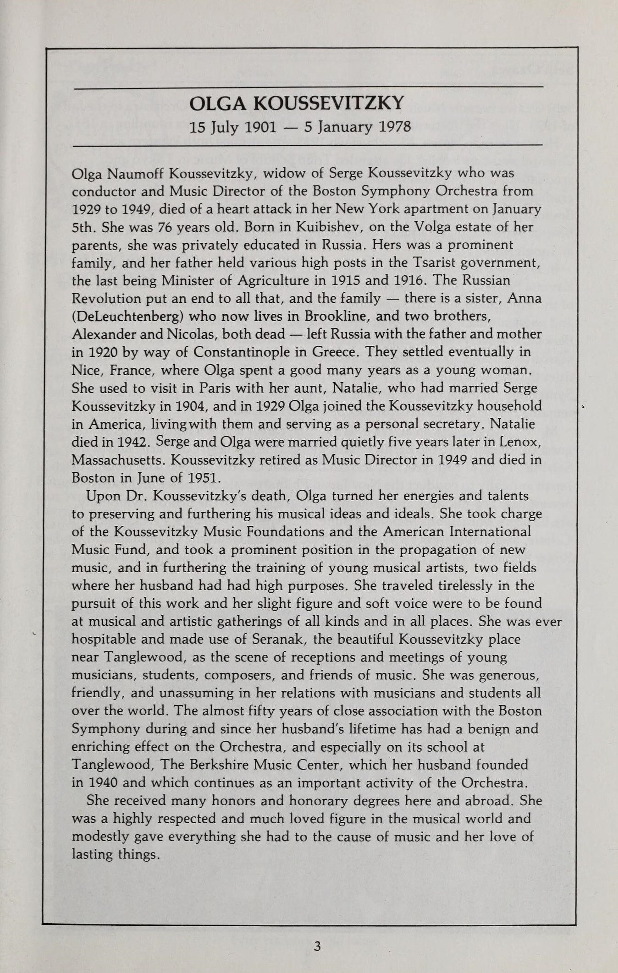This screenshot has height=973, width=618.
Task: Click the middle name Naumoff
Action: [x=136, y=174]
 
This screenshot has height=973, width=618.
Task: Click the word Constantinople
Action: [x=250, y=352]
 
